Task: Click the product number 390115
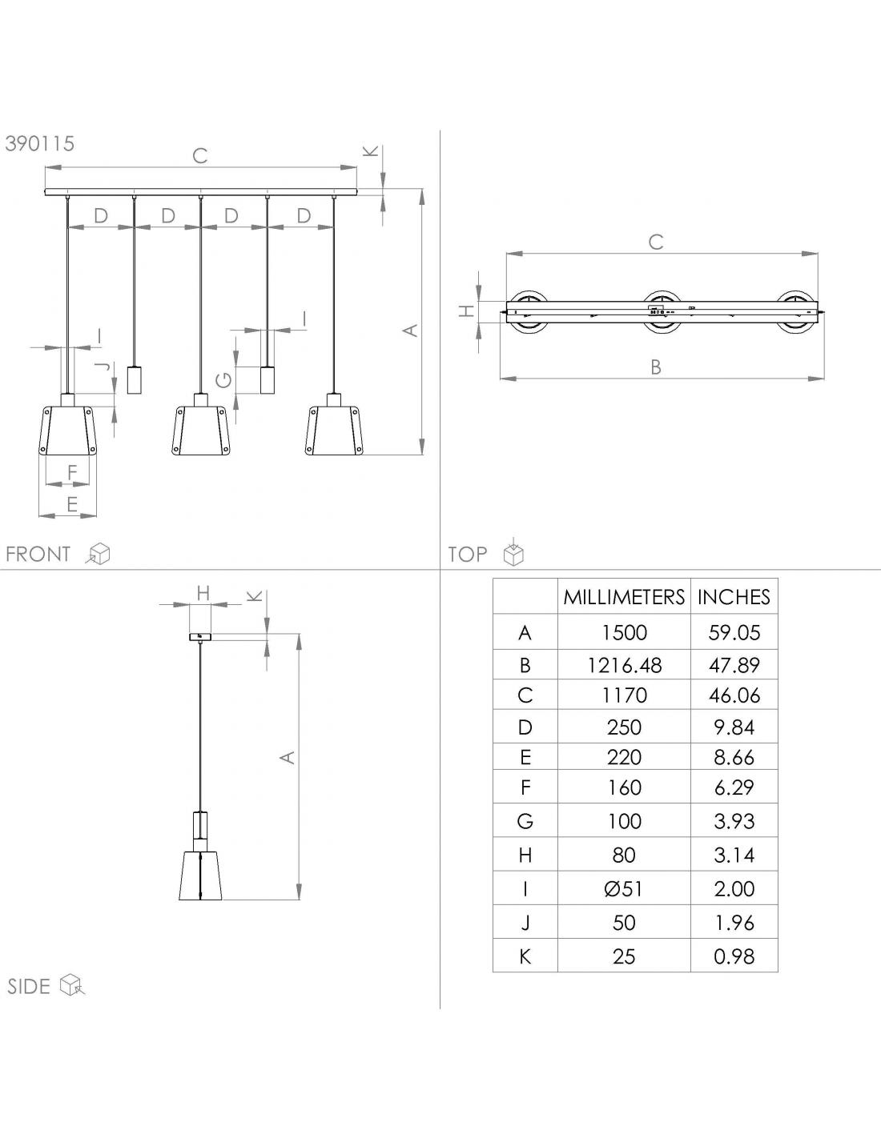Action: point(40,143)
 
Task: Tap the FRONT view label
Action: point(38,554)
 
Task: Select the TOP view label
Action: point(468,554)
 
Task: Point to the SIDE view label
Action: point(29,987)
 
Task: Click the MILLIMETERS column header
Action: point(624,597)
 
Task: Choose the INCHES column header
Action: point(734,597)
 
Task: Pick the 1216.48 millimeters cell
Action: point(624,665)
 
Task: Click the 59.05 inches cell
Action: point(734,633)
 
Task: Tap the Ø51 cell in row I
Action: point(623,889)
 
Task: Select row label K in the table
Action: point(525,957)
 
